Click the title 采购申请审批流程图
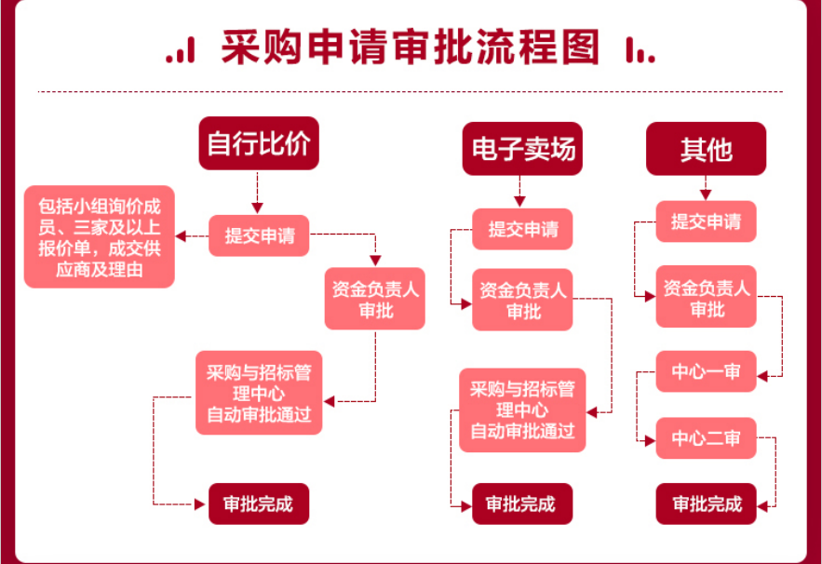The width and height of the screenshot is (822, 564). tap(411, 47)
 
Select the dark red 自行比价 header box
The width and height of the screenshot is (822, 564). tap(259, 143)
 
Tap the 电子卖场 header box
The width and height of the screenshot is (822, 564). tap(522, 149)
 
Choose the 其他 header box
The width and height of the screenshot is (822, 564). tap(706, 149)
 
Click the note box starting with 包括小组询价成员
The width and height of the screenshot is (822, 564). tap(100, 236)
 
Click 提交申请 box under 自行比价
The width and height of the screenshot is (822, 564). tap(260, 235)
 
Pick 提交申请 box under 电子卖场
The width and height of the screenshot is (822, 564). tap(522, 229)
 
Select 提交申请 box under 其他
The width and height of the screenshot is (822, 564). tap(706, 222)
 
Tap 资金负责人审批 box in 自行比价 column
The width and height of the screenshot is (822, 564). tap(375, 299)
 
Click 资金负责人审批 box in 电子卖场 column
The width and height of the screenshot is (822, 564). tap(522, 300)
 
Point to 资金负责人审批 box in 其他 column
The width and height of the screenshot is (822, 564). tap(706, 297)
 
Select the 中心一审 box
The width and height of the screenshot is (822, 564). tap(706, 371)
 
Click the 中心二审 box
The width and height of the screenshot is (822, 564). tap(706, 437)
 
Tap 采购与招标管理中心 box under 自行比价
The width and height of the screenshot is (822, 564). tap(259, 392)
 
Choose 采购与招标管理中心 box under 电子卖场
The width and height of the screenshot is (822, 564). tap(522, 410)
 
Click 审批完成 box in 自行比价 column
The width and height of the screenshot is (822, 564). tap(259, 504)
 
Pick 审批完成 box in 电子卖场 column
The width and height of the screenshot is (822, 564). tap(522, 504)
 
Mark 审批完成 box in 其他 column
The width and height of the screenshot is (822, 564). tap(706, 504)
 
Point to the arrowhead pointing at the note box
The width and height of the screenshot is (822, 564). tap(181, 236)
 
